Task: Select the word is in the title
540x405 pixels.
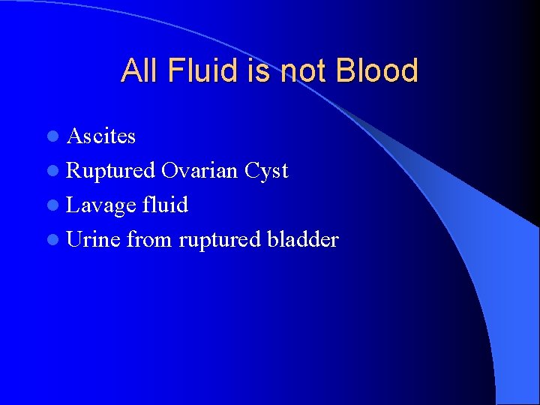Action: [255, 70]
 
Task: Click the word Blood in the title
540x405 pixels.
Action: [377, 70]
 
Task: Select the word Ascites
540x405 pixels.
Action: [101, 136]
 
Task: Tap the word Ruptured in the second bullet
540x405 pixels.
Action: [111, 171]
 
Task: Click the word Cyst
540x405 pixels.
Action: [266, 171]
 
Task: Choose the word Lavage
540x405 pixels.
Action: [101, 205]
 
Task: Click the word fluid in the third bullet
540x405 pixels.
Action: [165, 205]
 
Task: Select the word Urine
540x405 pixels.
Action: [93, 240]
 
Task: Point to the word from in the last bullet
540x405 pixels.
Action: [150, 240]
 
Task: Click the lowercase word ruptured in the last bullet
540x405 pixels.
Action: [217, 240]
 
